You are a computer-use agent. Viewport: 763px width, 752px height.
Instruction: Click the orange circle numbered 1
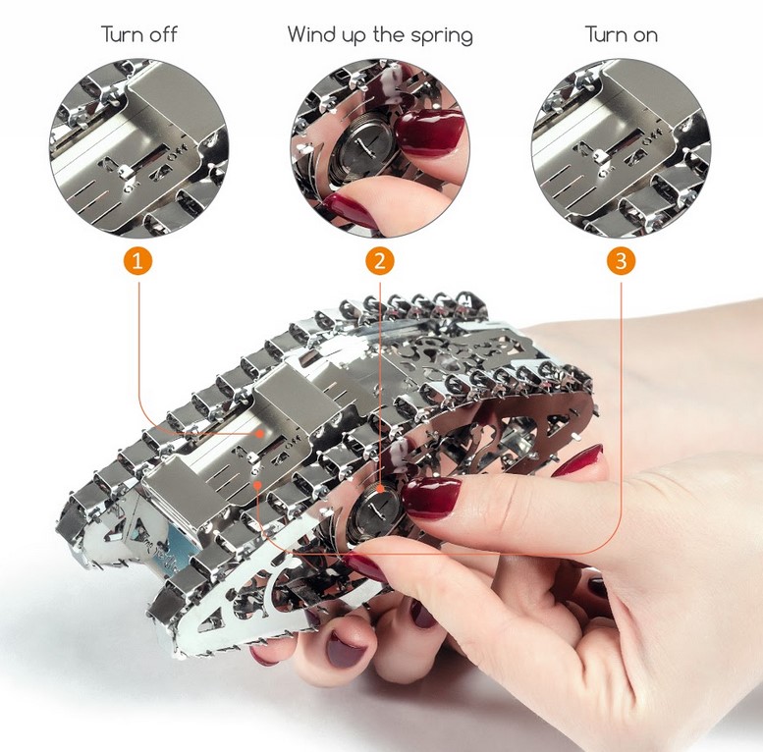(x=137, y=261)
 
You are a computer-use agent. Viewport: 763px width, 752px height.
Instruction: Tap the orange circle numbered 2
(x=380, y=261)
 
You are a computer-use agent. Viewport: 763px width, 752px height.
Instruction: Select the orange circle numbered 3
(x=621, y=261)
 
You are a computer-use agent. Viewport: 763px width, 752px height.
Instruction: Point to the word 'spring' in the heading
(x=441, y=36)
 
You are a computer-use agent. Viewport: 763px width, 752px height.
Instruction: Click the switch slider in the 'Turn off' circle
(x=124, y=170)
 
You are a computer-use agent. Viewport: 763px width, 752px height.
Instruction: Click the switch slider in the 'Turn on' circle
(x=598, y=155)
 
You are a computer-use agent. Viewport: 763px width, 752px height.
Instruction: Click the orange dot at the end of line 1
(x=260, y=433)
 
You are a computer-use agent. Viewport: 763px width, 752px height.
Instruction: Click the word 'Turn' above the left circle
(x=117, y=34)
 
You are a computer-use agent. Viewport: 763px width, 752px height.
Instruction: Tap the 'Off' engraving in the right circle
(x=652, y=136)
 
